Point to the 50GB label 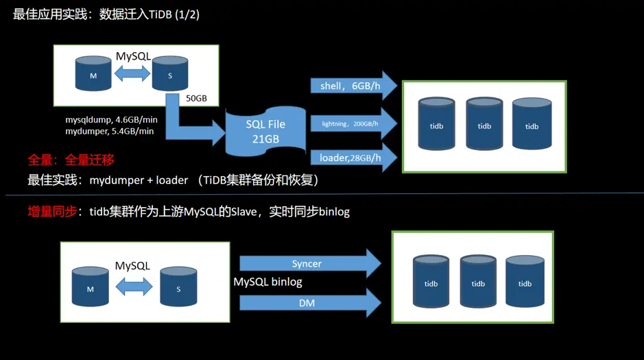point(196,99)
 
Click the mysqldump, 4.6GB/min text point(110,119)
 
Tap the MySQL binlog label point(267,282)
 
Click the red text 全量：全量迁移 point(71,160)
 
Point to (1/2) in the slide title point(186,14)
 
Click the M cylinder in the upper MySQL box point(93,74)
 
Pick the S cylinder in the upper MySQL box point(170,74)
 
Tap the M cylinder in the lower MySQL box point(91,287)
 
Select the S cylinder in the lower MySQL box point(178,287)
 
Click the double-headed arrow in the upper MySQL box point(132,73)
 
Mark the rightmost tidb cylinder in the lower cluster point(525,282)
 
